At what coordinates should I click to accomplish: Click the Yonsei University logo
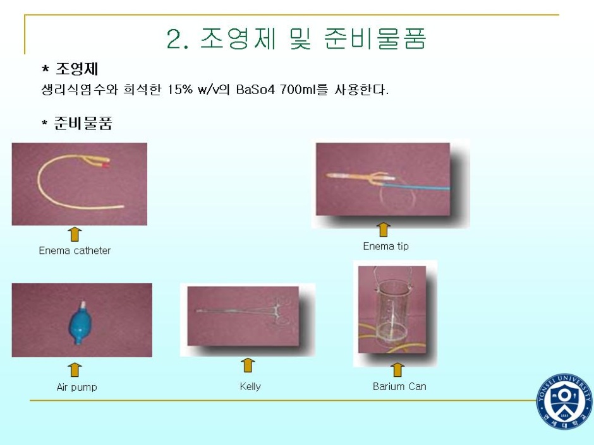(x=564, y=401)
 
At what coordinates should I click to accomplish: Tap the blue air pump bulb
(x=80, y=324)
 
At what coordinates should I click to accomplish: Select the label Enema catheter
(x=75, y=251)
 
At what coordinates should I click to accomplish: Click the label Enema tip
(x=385, y=246)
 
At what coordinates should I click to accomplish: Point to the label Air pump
(x=76, y=387)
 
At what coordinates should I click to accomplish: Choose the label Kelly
(x=250, y=386)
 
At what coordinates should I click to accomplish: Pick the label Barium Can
(x=399, y=386)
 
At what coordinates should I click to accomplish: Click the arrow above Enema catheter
(x=75, y=234)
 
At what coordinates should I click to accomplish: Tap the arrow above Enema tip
(x=384, y=230)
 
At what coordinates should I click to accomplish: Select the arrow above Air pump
(x=75, y=370)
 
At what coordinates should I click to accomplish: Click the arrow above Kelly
(x=248, y=365)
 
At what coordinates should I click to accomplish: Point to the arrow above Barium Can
(x=397, y=370)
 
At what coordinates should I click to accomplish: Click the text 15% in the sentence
(x=180, y=90)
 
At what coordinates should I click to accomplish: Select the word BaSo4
(x=255, y=90)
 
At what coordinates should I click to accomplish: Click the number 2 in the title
(x=174, y=39)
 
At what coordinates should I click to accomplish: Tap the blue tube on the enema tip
(x=416, y=186)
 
